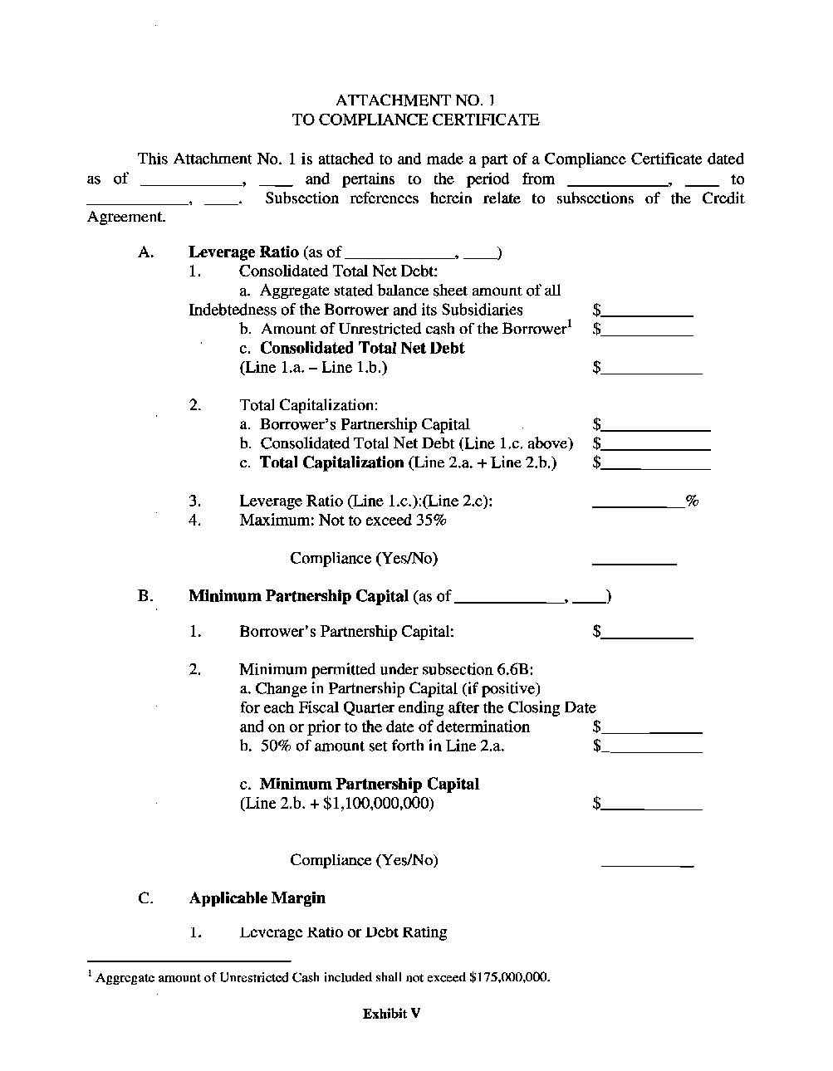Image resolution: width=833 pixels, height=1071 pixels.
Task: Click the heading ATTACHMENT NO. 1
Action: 415,100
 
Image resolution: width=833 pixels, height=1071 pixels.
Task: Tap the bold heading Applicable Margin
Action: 257,897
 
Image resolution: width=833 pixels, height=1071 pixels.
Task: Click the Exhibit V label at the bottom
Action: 391,1013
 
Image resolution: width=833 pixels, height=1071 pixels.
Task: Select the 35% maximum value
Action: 431,520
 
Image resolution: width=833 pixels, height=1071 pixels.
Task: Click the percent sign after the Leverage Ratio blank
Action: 692,501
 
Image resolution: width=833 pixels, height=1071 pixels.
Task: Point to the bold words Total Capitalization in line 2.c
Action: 331,462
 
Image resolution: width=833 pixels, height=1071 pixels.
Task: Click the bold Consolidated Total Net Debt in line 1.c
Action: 362,348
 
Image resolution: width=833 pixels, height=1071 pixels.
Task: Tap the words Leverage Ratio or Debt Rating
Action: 343,932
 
